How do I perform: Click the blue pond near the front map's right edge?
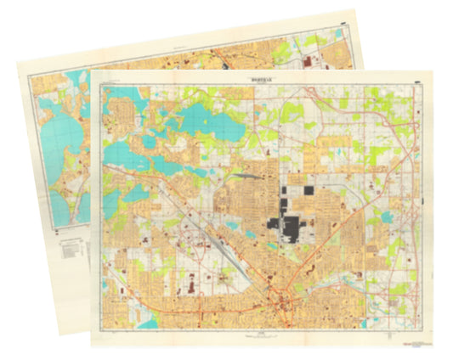(x=388, y=217)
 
